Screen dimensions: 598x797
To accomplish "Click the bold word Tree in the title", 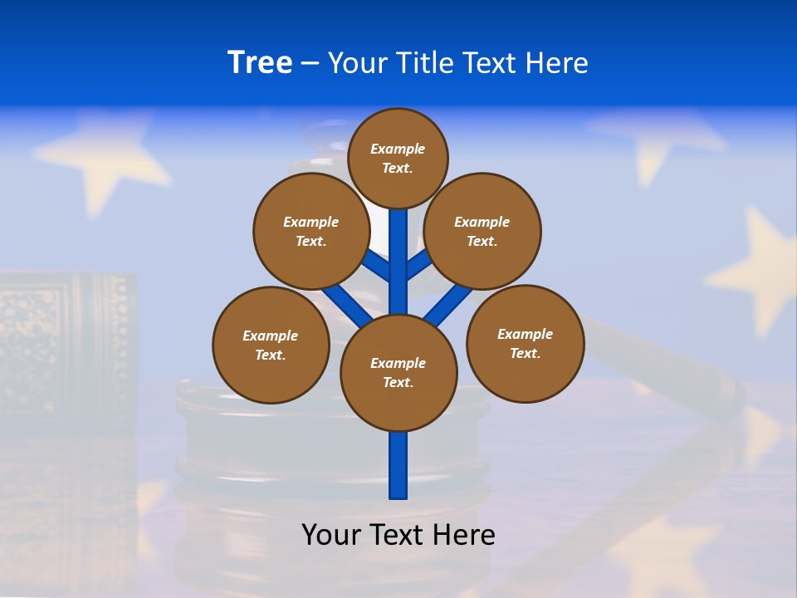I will coord(260,62).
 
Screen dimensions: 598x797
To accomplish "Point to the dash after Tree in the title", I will coord(310,64).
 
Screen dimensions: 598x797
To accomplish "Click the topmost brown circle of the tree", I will coord(398,158).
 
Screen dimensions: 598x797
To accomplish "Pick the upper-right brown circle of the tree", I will coord(482,231).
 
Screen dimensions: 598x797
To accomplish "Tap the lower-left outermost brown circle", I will coord(271,345).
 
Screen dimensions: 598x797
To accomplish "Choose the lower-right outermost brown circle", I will coord(525,343).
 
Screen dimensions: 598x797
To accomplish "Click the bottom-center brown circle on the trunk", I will coord(398,373).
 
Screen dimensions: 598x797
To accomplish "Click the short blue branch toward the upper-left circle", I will coord(378,266).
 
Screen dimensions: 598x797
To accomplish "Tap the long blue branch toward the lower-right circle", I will coord(449,304).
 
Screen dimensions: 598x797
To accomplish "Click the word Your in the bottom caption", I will coord(330,534).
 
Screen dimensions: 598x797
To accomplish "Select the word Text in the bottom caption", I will coord(398,534).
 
